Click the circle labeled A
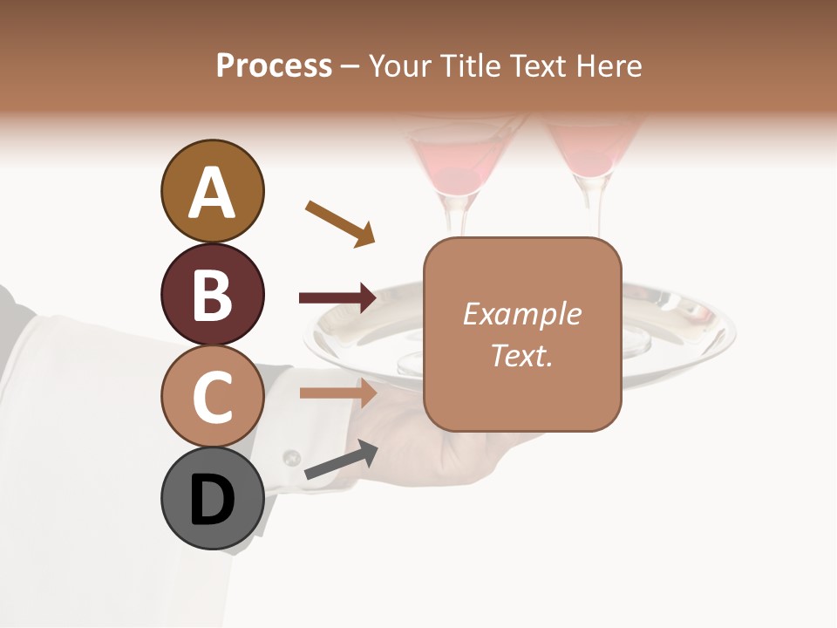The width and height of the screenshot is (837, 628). point(212,191)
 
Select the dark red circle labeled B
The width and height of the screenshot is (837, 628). point(212,294)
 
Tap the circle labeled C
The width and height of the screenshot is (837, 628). point(212,397)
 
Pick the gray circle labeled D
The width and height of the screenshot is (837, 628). point(212,500)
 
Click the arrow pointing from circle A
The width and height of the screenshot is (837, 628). point(340,222)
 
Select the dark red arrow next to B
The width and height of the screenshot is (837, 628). point(337,298)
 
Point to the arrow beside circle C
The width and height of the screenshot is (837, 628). point(337,392)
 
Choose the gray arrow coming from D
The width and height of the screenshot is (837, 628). point(341,461)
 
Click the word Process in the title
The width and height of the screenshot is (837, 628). point(274,65)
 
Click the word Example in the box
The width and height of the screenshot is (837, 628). point(521,314)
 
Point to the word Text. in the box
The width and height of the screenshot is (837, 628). point(521,355)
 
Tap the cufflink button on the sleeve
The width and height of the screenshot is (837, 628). point(291,458)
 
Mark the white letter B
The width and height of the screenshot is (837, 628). point(212,295)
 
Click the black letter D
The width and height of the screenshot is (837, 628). point(212,501)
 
